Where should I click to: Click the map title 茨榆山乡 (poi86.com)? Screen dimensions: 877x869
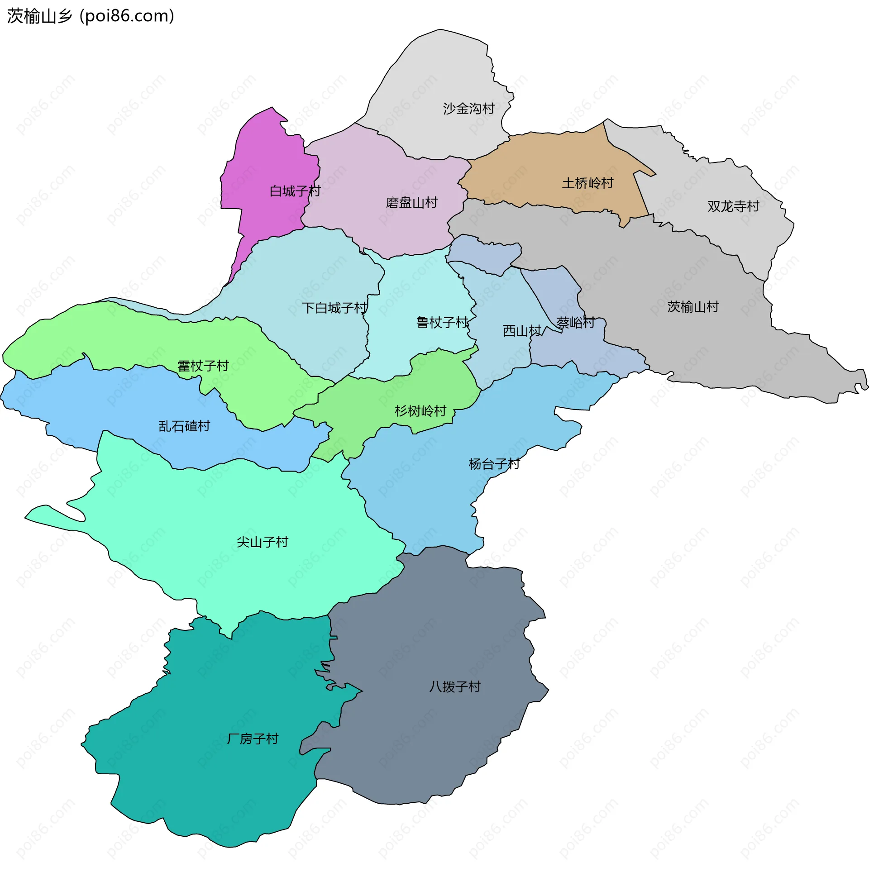point(91,16)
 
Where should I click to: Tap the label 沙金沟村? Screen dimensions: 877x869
point(468,109)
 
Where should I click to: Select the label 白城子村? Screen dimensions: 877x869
point(295,191)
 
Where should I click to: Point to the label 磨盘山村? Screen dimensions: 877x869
point(411,202)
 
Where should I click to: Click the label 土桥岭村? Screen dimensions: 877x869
point(587,183)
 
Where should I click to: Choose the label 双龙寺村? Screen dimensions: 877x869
point(733,206)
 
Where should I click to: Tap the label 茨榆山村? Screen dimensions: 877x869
point(693,307)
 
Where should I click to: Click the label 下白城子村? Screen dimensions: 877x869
point(334,308)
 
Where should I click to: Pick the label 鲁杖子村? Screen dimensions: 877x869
point(442,323)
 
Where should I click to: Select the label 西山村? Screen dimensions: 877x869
point(522,331)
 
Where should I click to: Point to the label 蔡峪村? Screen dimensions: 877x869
point(575,323)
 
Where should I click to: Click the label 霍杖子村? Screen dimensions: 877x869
point(203,366)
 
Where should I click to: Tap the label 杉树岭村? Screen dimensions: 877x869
point(420,411)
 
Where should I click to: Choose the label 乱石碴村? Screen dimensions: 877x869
point(184,426)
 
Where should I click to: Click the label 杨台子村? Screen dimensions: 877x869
point(494,464)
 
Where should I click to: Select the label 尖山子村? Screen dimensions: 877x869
point(263,542)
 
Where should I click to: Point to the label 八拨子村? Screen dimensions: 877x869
point(455,686)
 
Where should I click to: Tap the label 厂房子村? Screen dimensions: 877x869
point(253,739)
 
